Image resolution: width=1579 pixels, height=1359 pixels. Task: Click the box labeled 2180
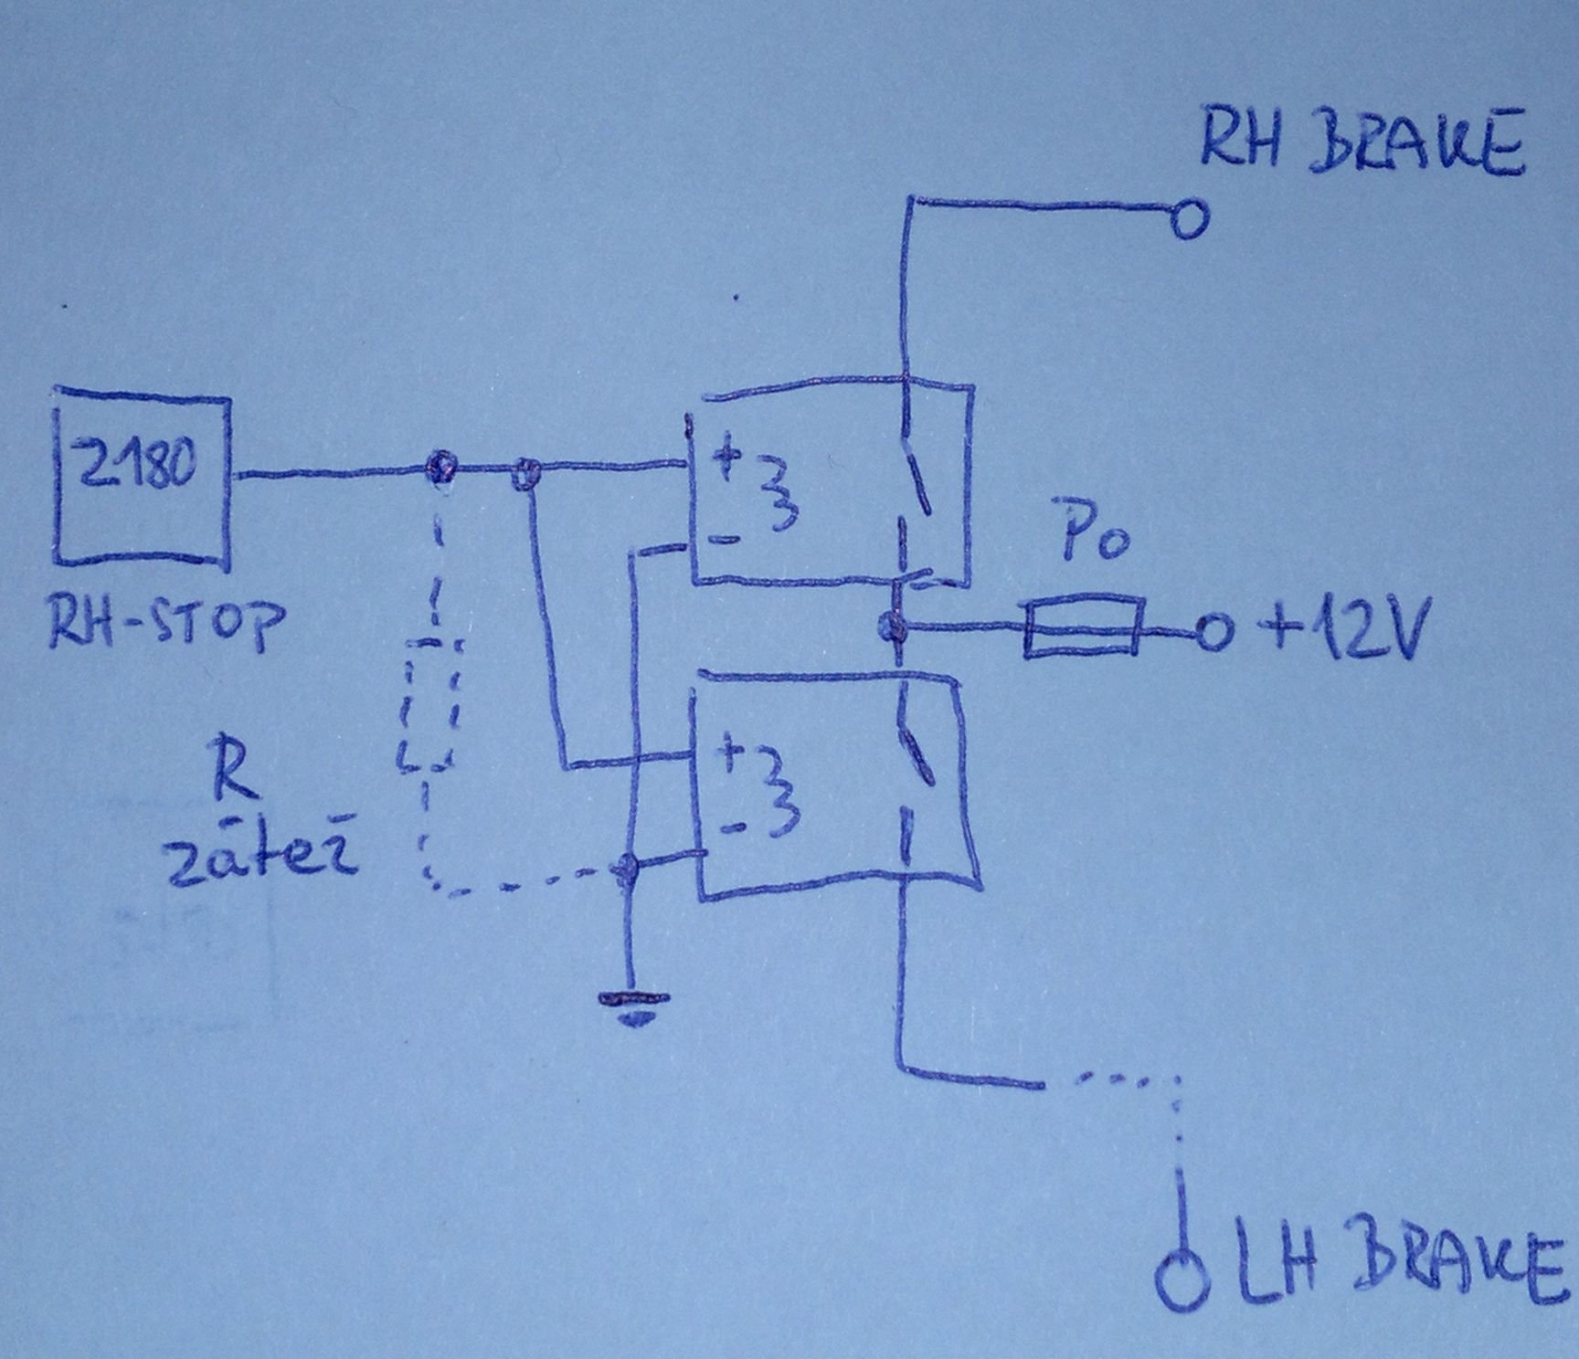[x=143, y=479]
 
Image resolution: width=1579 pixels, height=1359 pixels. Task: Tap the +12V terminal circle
[x=1212, y=632]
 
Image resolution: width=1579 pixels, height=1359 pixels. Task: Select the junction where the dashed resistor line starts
[x=441, y=468]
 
